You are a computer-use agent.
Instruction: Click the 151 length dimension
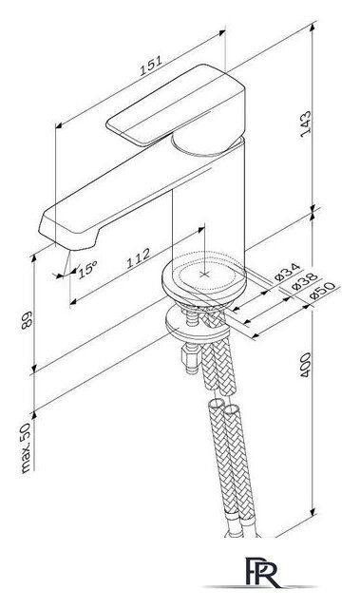point(151,66)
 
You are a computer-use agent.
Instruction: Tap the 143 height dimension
point(306,123)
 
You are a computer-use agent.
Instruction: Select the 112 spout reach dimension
point(139,258)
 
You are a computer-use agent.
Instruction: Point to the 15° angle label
point(87,269)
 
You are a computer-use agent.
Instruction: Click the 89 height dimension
point(27,320)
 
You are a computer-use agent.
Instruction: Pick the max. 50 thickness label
point(26,448)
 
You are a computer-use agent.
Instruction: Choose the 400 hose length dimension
point(305,365)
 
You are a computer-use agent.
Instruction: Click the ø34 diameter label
point(287,272)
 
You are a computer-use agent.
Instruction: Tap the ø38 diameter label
point(305,281)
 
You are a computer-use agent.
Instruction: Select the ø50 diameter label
point(322,291)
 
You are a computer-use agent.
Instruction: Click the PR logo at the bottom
point(263,572)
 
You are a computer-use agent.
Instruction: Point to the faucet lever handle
point(175,105)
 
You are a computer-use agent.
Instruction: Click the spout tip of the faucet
point(67,237)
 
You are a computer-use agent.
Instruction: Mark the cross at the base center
point(204,275)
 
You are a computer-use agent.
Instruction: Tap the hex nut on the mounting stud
point(190,355)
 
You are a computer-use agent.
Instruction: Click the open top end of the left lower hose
point(215,403)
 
